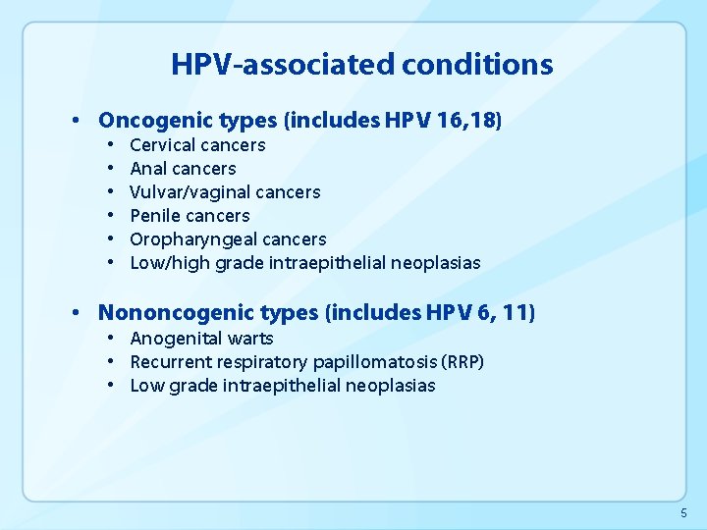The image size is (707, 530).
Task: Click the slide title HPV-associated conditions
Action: (361, 65)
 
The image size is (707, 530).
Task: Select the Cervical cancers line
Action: (197, 145)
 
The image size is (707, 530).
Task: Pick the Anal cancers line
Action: (183, 169)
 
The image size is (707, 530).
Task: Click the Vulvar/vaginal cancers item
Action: (225, 192)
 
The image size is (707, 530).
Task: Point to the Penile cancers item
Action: (190, 216)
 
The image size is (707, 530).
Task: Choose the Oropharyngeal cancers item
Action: (228, 239)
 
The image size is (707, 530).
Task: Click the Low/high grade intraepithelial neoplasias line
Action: (304, 263)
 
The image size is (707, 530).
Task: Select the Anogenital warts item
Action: (201, 339)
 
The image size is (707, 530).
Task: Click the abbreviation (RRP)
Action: (463, 362)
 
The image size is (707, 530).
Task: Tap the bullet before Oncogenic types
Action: (77, 122)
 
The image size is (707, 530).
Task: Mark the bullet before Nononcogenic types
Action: (77, 314)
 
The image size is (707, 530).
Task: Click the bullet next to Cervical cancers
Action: (113, 145)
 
